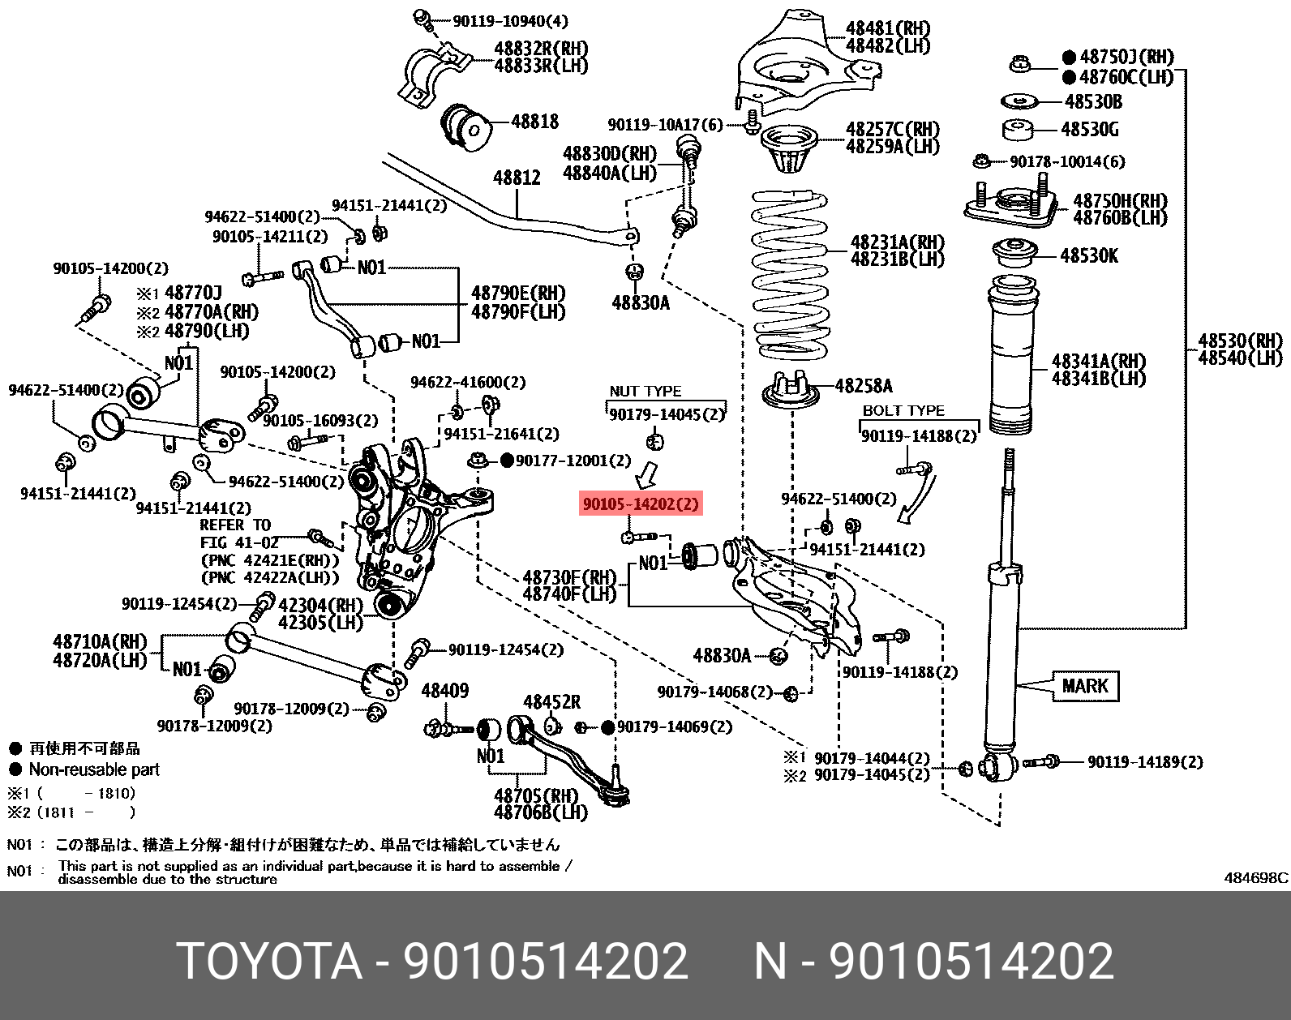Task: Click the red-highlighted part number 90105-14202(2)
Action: (640, 504)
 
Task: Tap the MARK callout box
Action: (1084, 686)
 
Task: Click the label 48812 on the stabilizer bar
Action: (517, 177)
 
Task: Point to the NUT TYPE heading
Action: (645, 392)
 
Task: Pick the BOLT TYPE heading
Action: (903, 411)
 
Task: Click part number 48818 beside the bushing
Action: (534, 122)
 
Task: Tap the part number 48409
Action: (444, 691)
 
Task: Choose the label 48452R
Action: (551, 702)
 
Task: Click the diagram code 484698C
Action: (1255, 878)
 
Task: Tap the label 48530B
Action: (1092, 101)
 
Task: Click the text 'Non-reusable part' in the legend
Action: (94, 769)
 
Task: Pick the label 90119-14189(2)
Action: (1144, 762)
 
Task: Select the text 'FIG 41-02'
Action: (239, 542)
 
